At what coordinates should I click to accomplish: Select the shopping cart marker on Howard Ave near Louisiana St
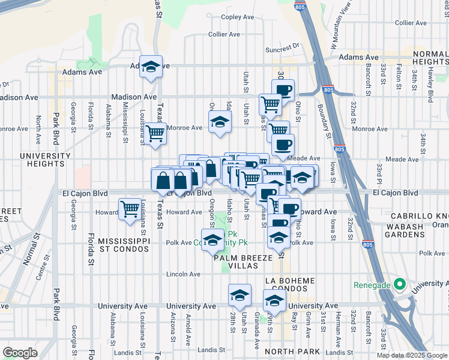point(130,209)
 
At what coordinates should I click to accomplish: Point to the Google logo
point(20,353)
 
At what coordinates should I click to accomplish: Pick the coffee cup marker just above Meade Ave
point(283,144)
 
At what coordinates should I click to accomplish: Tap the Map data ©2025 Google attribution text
point(412,355)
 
